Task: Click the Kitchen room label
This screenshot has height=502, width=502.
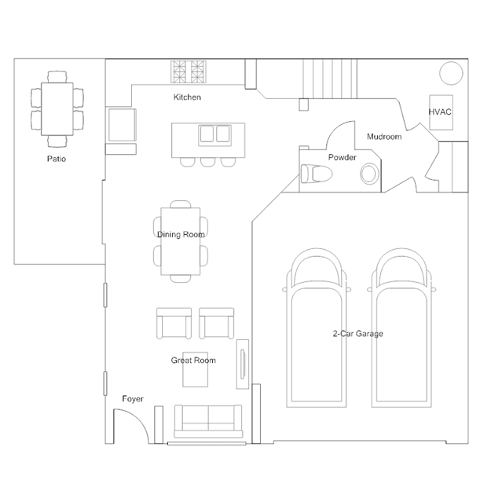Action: (187, 97)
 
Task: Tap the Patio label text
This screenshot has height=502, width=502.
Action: (57, 159)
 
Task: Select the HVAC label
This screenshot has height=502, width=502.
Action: (440, 112)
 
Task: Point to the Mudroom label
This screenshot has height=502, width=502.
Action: (384, 137)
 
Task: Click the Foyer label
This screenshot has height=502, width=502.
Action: (133, 399)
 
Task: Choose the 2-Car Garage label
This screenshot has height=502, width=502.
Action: (358, 334)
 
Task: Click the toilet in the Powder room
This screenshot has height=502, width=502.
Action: (317, 174)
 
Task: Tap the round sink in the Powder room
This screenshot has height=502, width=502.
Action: (369, 174)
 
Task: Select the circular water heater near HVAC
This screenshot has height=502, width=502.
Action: (451, 73)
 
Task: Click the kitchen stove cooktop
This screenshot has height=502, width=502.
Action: (189, 71)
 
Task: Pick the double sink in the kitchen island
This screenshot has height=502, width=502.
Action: (214, 134)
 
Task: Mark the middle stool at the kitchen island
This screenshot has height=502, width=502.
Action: (207, 162)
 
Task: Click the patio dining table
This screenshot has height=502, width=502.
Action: (57, 109)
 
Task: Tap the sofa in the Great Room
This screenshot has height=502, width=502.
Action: (208, 421)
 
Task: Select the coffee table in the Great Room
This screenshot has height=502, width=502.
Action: (196, 374)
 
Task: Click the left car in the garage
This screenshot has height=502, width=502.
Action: (317, 328)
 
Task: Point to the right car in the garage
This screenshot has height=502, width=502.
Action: (401, 328)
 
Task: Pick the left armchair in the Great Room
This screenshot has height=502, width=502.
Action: (174, 324)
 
